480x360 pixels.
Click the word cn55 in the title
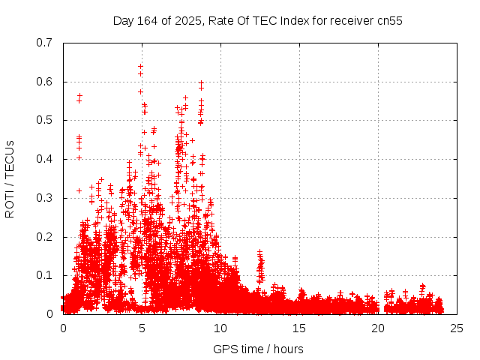coord(389,20)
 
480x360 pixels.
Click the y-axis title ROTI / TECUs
coord(10,178)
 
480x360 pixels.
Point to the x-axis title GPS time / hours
coord(258,349)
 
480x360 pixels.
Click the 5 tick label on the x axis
coord(142,328)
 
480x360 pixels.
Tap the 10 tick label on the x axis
coord(220,328)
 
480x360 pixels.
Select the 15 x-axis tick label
coord(299,328)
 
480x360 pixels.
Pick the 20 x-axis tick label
coord(378,328)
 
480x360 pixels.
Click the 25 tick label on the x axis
coord(457,328)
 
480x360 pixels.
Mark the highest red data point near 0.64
coord(140,66)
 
